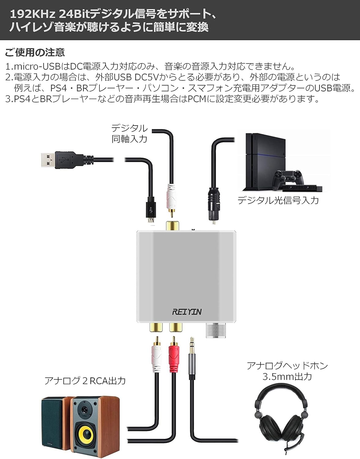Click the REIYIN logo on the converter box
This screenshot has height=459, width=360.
187,312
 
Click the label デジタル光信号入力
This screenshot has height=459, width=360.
278,200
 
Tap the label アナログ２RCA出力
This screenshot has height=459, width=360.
85,381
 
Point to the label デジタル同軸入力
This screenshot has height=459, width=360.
129,133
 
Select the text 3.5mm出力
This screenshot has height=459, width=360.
287,377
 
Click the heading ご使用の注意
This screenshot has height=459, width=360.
35,52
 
